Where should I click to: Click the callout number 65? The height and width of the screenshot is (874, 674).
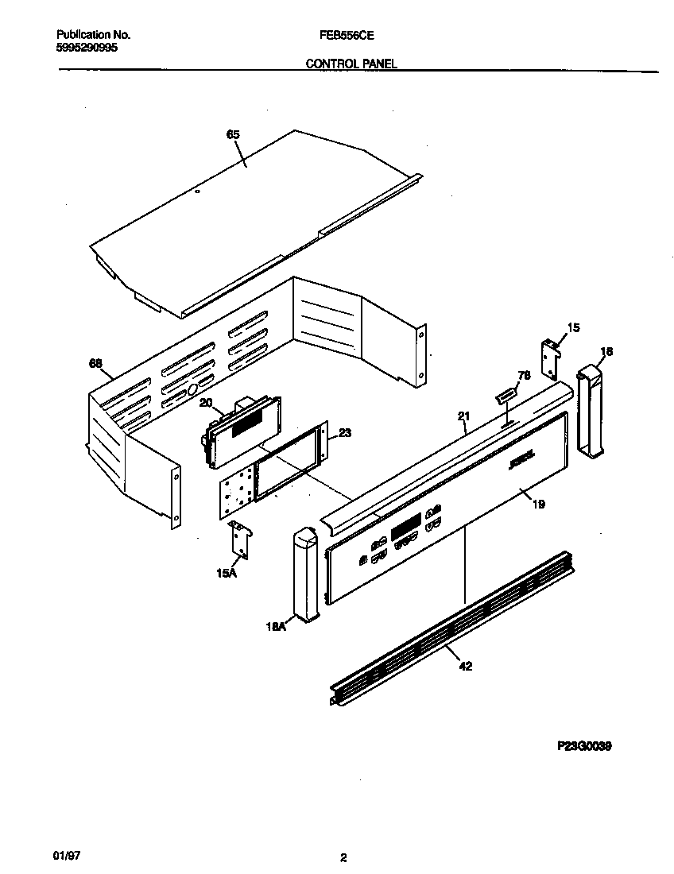tap(233, 135)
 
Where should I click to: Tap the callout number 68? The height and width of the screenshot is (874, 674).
tap(95, 364)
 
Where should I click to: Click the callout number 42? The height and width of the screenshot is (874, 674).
tap(466, 667)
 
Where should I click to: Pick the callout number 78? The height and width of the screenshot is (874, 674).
tap(524, 374)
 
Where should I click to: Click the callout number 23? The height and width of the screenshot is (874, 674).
tap(344, 433)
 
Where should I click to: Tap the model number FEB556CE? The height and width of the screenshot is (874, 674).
tap(347, 36)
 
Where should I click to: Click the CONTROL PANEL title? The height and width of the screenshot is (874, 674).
tap(351, 64)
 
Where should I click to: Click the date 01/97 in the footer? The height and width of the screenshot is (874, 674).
tap(69, 855)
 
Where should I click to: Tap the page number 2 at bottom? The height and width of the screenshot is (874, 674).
tap(343, 857)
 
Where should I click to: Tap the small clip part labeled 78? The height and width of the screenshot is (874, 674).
tap(505, 393)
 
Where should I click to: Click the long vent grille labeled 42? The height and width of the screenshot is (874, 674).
tap(445, 628)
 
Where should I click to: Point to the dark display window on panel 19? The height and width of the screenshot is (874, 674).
tap(405, 524)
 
